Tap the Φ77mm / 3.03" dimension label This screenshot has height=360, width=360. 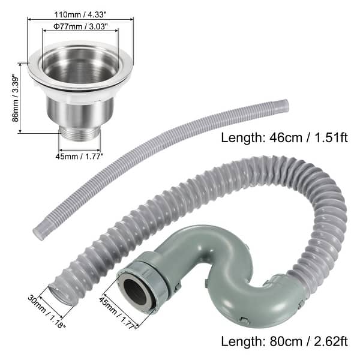pos(80,26)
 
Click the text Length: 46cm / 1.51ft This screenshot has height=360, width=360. pos(284,137)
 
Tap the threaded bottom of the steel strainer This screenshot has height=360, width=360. pos(80,133)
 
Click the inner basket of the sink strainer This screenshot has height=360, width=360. pos(80,69)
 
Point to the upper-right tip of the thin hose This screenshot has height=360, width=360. pos(283,106)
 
